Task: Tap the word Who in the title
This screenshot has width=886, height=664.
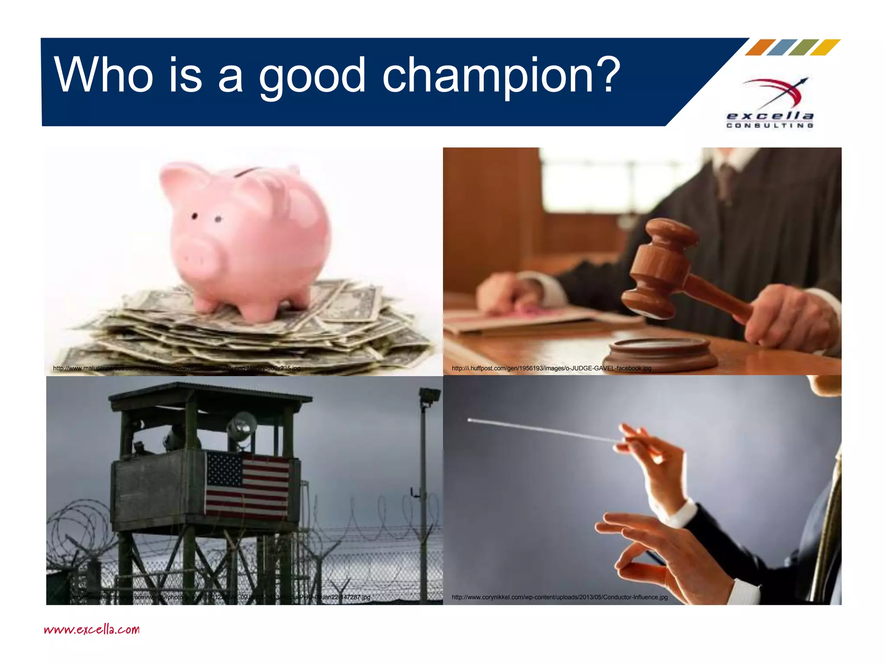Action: pyautogui.click(x=104, y=76)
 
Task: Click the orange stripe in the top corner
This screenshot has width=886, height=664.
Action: pyautogui.click(x=760, y=47)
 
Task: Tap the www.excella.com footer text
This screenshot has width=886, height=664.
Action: pyautogui.click(x=92, y=629)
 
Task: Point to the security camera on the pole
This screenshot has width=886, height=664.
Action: pyautogui.click(x=430, y=396)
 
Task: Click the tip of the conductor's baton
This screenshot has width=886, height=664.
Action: pyautogui.click(x=470, y=420)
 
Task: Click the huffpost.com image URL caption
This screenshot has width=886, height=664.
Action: pyautogui.click(x=551, y=368)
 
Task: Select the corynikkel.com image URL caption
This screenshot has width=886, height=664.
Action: pyautogui.click(x=559, y=597)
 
